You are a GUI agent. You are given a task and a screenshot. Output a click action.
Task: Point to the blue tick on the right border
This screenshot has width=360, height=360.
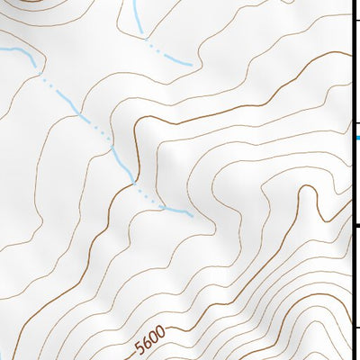(356, 137)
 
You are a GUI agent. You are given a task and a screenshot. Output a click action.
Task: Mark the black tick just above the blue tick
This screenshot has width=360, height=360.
(355, 124)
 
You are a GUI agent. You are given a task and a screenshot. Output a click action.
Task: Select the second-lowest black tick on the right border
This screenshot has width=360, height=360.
(355, 225)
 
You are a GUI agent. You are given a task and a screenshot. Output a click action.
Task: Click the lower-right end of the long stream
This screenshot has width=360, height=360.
(192, 216)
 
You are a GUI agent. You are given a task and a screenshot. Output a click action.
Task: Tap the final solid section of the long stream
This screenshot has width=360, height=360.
(179, 211)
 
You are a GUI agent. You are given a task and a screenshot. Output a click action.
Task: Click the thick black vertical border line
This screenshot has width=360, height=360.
(352, 180)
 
